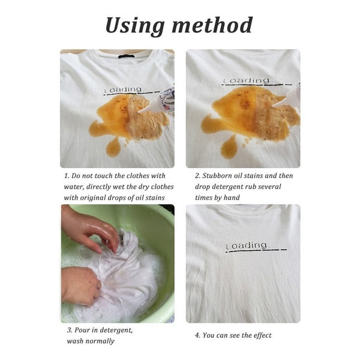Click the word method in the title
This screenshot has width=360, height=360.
pyautogui.click(x=214, y=25)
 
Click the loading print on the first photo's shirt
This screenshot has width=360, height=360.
pyautogui.click(x=124, y=90)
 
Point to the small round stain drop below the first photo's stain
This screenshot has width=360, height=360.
pyautogui.click(x=113, y=147)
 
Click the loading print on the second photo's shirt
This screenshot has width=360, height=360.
pyautogui.click(x=246, y=81)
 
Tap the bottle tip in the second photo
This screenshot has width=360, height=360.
pyautogui.click(x=277, y=104)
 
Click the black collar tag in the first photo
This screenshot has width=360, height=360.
pyautogui.click(x=127, y=57)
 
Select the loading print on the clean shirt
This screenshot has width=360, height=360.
pyautogui.click(x=246, y=245)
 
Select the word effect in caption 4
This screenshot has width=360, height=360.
pyautogui.click(x=260, y=335)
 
